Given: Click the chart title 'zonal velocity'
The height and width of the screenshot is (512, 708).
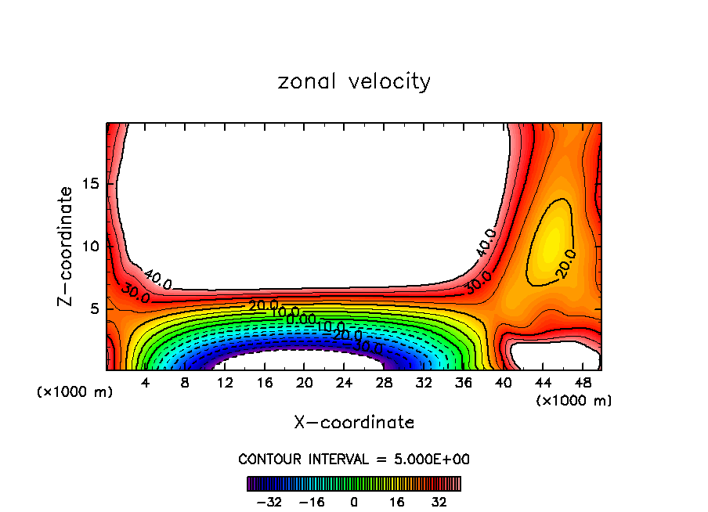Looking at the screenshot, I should point(354,81).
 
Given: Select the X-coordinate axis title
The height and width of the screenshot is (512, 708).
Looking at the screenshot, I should point(354,423).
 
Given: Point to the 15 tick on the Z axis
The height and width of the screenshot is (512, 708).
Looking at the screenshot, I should point(92,184).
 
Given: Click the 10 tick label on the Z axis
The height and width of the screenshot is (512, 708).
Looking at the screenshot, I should point(92,246).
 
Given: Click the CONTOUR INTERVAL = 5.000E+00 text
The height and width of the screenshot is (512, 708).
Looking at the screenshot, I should point(354,459).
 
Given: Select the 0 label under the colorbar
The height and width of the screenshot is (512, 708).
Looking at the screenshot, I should point(354,502).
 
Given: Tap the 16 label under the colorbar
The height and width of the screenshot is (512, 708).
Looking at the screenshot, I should point(397,502).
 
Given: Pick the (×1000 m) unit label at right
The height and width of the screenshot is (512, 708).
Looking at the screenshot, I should point(574,401).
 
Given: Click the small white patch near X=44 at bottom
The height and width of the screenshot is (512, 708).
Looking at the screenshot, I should point(548,355).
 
